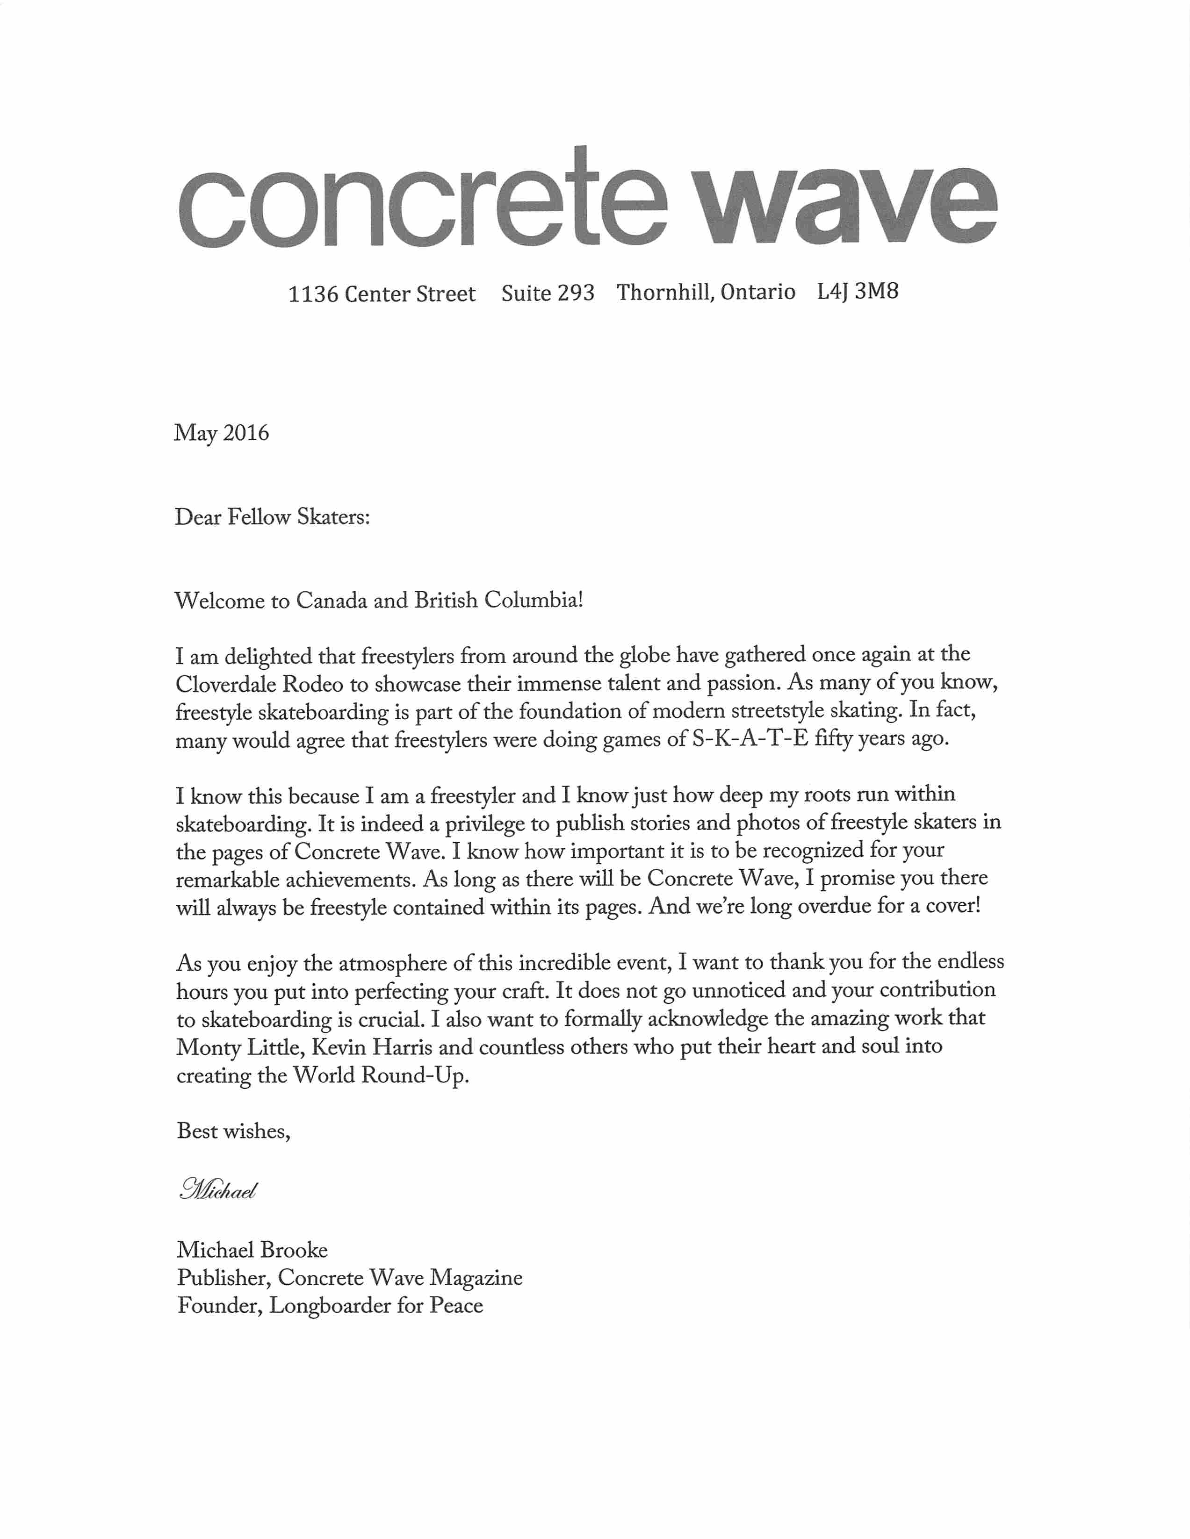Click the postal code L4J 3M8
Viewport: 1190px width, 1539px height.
pos(857,291)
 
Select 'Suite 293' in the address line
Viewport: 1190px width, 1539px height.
pos(548,293)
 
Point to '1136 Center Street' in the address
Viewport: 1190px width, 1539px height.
pos(382,293)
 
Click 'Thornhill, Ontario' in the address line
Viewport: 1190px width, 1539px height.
pos(706,292)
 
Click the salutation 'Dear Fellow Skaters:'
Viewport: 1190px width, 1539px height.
pos(272,517)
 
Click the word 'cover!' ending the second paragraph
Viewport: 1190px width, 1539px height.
pos(953,906)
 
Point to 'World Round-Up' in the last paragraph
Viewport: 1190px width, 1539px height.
pos(381,1075)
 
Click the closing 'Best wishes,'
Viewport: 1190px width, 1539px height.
pos(233,1131)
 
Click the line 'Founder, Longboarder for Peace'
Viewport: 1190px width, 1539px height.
pos(330,1306)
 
